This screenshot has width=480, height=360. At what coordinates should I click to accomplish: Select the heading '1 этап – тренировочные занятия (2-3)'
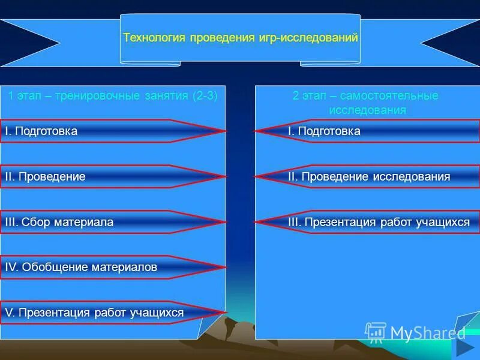[112, 95]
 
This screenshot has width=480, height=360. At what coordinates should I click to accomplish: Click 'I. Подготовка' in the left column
[41, 131]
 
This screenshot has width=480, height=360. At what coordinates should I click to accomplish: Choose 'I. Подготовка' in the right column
[324, 131]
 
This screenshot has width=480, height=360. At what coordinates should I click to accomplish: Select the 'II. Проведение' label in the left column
[45, 176]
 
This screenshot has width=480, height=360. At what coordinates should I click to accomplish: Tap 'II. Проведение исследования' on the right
[369, 176]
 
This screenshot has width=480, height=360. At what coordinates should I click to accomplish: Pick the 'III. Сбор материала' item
[59, 222]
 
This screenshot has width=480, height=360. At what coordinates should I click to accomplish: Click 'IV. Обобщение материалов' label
[81, 267]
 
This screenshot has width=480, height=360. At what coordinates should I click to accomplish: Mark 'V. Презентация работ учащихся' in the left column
[94, 313]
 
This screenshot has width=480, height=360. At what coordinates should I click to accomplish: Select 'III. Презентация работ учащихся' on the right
[379, 222]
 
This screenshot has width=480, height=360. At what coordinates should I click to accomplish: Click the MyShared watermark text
[427, 332]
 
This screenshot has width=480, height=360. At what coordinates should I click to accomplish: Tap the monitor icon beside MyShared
[376, 332]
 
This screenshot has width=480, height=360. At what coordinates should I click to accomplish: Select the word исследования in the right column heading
[367, 110]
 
